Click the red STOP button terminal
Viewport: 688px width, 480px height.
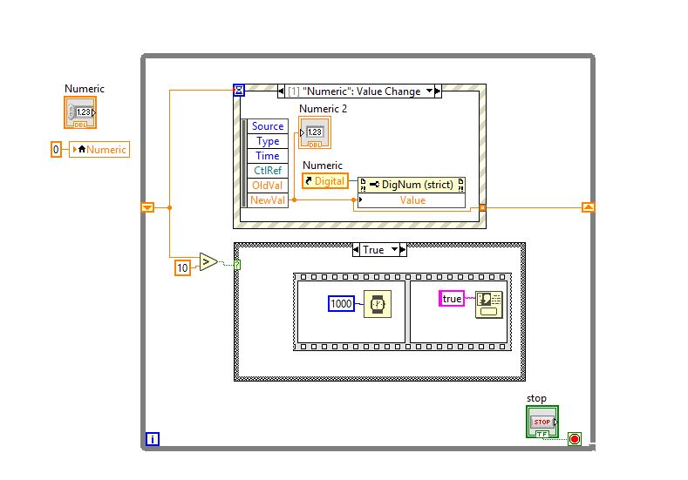542,421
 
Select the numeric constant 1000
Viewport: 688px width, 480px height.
341,303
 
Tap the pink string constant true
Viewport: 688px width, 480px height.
452,299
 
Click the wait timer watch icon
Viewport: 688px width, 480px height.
378,303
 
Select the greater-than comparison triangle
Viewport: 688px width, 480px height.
208,262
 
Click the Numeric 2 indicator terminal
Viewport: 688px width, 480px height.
315,132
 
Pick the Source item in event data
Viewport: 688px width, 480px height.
268,126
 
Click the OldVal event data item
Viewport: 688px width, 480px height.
268,186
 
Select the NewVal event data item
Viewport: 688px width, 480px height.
268,200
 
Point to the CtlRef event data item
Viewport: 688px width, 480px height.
268,171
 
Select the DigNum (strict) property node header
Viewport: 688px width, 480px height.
412,185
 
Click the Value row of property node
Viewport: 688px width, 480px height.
412,200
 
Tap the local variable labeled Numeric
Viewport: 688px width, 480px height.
99,150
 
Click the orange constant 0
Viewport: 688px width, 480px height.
57,150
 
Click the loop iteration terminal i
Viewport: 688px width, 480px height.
153,439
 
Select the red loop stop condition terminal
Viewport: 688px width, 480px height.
575,439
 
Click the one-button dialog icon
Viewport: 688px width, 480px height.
489,303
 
